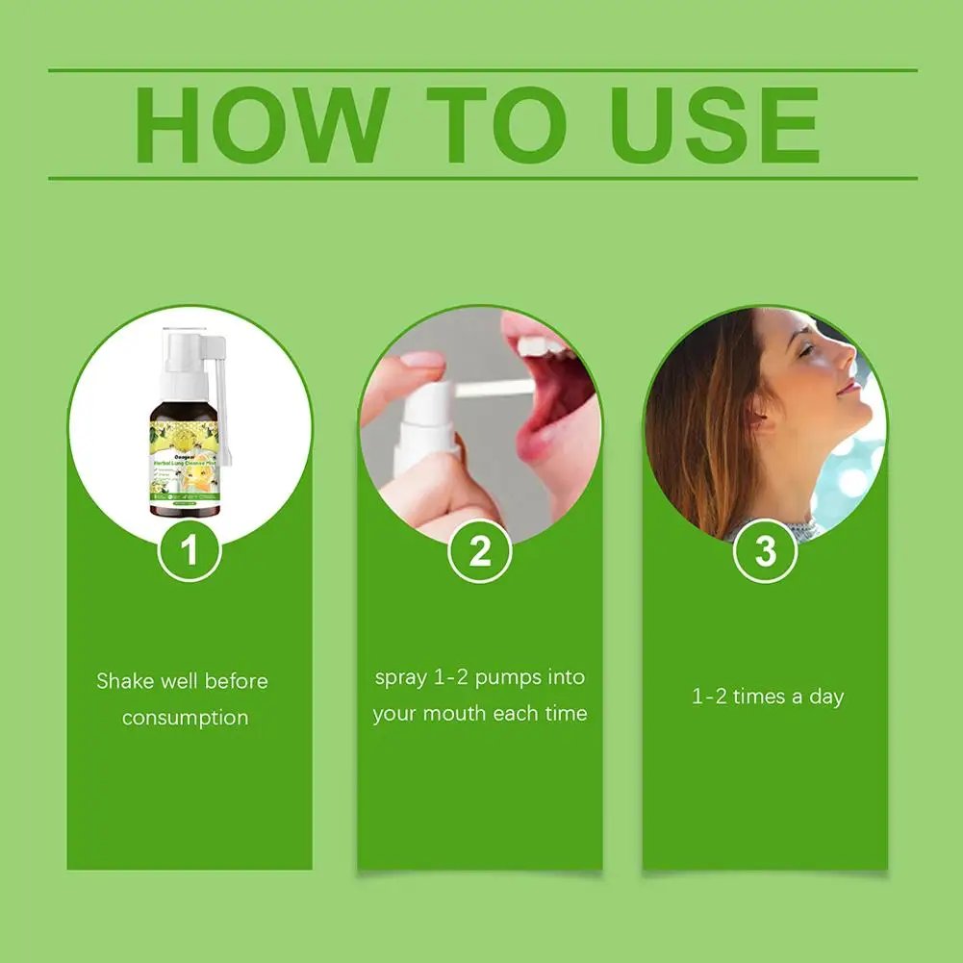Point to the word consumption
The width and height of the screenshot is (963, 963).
coord(185,718)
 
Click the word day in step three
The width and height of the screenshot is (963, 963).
coord(825,697)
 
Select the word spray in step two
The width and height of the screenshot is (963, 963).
coord(400,677)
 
